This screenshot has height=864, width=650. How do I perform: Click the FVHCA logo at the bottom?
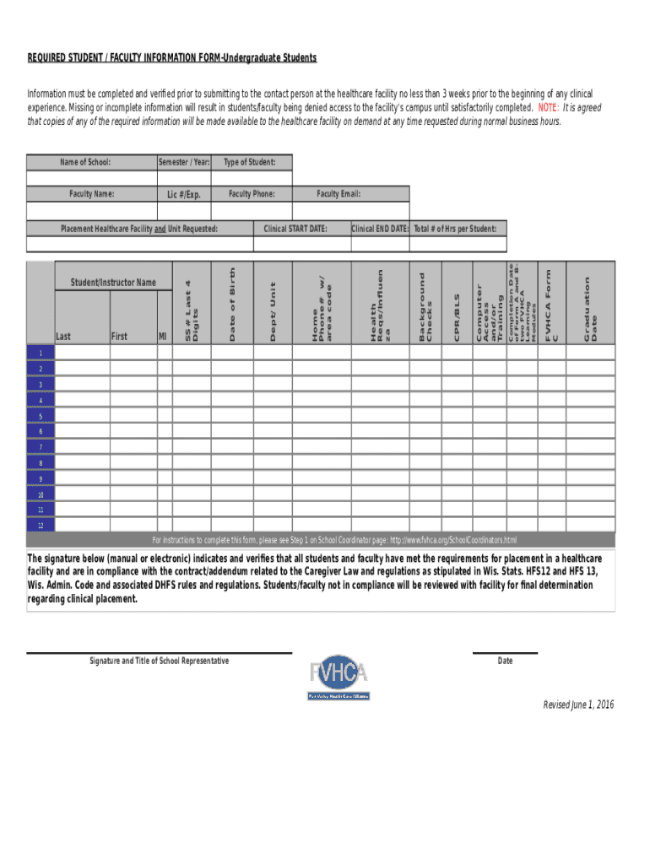click(x=339, y=677)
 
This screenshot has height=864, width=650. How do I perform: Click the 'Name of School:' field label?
click(x=85, y=162)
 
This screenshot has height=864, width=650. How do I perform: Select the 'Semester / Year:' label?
click(x=184, y=162)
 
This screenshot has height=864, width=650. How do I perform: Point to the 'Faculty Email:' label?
click(x=339, y=194)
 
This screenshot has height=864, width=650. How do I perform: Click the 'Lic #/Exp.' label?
click(x=184, y=195)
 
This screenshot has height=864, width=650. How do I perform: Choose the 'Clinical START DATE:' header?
click(x=295, y=228)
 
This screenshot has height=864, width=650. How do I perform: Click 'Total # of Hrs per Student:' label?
click(x=455, y=228)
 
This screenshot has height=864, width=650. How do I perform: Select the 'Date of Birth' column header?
click(x=233, y=305)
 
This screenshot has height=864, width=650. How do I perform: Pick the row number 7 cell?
click(x=40, y=447)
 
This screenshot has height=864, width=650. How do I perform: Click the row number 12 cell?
click(x=40, y=525)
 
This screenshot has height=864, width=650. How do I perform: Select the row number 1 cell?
click(x=40, y=353)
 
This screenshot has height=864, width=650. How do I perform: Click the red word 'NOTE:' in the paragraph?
click(x=547, y=108)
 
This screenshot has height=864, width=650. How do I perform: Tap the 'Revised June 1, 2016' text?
click(x=578, y=705)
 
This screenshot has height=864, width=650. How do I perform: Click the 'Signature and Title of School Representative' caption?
click(x=159, y=661)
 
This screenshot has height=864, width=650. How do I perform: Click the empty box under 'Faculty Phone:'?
click(x=252, y=210)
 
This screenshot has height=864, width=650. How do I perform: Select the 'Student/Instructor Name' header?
click(x=113, y=282)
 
